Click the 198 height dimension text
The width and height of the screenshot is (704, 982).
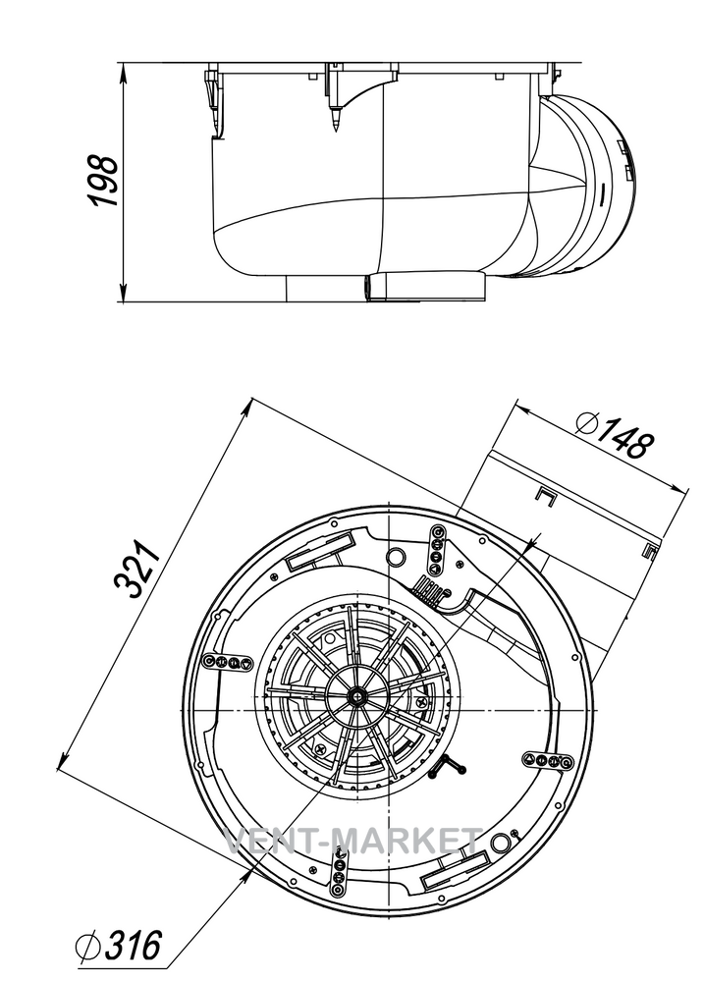coord(102,181)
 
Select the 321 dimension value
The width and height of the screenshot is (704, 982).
coord(137,567)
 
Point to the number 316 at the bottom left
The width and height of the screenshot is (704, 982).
coord(133,945)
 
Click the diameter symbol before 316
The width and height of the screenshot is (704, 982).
coord(87,946)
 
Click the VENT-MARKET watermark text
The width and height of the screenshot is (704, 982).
coord(352,841)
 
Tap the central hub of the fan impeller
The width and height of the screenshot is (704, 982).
coord(357,694)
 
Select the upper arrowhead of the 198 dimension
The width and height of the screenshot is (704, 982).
coord(124,72)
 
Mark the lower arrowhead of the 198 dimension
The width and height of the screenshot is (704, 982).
coord(124,293)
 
